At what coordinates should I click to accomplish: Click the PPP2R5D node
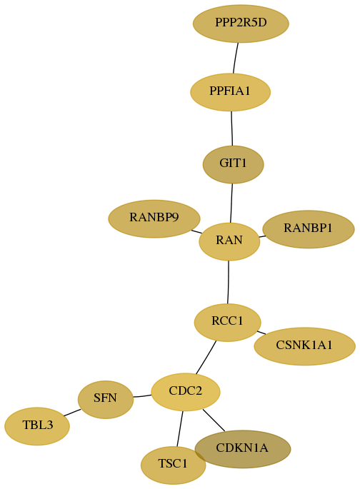click(x=241, y=24)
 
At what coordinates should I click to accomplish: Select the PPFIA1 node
click(x=230, y=92)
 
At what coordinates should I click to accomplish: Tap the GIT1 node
click(x=233, y=164)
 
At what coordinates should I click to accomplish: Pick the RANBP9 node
click(x=154, y=218)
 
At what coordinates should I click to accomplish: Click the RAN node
click(x=229, y=241)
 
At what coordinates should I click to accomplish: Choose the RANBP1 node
click(x=309, y=229)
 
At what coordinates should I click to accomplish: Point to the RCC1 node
click(x=227, y=322)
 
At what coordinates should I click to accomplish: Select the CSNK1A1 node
click(x=304, y=346)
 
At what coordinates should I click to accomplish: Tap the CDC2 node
click(x=186, y=392)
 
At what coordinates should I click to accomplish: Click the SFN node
click(x=106, y=399)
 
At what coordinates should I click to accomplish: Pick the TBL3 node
click(x=37, y=426)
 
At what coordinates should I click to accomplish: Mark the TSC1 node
click(x=173, y=465)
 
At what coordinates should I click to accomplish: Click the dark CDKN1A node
click(x=243, y=449)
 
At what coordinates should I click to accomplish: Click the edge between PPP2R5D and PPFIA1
click(x=236, y=59)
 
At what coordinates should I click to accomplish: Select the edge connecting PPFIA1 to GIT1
click(x=231, y=128)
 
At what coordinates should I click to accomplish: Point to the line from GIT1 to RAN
click(x=231, y=203)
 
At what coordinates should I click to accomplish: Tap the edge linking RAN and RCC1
click(x=229, y=282)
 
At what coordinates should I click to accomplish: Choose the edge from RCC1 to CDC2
click(x=206, y=357)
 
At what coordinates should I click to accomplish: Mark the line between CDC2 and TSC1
click(x=180, y=429)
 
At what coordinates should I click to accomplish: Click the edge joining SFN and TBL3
click(x=72, y=413)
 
